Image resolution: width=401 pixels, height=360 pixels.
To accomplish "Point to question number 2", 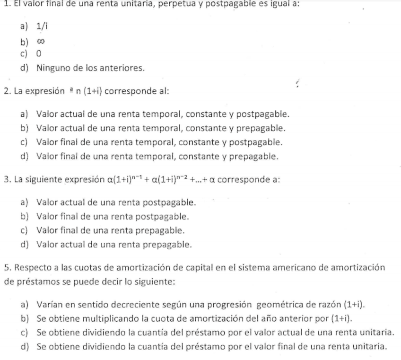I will [5, 90].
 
